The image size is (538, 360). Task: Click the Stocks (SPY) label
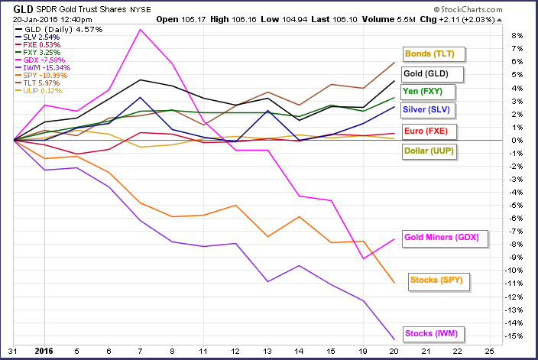(x=436, y=281)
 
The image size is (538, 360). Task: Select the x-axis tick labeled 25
(x=489, y=352)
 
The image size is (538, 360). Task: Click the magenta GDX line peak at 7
(x=140, y=30)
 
